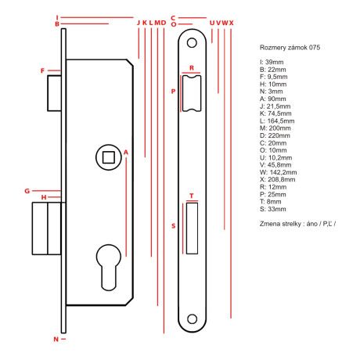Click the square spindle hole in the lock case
click(107, 157)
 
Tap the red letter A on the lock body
click(125, 152)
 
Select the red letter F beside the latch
click(42, 71)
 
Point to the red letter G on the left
click(26, 190)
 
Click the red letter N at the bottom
click(56, 339)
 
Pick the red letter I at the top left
click(57, 16)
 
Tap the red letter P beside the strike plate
click(173, 92)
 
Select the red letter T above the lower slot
click(192, 196)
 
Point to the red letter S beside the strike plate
click(173, 226)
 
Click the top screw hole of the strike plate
click(192, 38)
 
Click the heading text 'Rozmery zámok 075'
click(289, 48)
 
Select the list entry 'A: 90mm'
click(272, 99)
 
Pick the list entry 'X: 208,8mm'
click(278, 179)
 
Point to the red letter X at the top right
click(231, 23)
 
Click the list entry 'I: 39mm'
click(272, 61)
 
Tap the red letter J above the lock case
click(138, 23)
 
